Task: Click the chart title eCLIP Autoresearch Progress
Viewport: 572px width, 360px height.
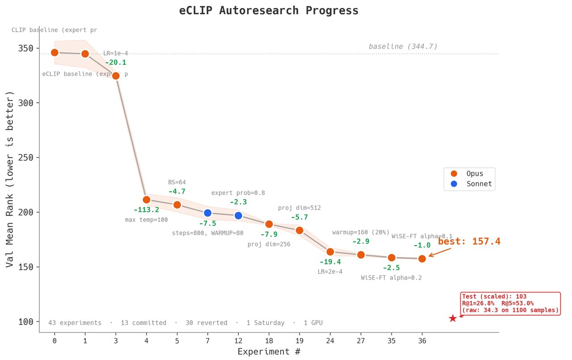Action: coord(269,11)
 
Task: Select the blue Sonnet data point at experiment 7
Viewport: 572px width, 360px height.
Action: coord(207,213)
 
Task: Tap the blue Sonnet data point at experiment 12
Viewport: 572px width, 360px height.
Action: coord(238,216)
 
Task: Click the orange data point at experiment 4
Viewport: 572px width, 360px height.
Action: coord(146,199)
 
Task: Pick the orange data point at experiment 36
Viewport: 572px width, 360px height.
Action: coord(422,258)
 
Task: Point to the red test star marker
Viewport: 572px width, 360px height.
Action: coord(453,318)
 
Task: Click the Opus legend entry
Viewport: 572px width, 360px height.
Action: coord(474,174)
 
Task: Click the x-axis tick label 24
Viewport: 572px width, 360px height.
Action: coord(330,340)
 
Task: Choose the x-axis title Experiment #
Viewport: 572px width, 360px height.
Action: coord(269,352)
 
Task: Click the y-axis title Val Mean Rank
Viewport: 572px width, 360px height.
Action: coord(10,179)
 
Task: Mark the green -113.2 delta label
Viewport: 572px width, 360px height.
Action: coord(146,210)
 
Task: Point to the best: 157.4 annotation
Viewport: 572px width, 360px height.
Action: coord(469,241)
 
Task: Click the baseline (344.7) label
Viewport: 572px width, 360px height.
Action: coord(403,47)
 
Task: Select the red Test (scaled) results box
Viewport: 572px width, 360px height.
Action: coord(510,303)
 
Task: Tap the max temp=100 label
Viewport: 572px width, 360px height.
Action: coord(146,220)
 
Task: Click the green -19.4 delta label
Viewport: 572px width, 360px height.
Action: coord(330,262)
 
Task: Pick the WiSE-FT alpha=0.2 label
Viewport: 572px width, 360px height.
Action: coord(391,278)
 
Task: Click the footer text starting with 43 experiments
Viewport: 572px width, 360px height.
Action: coord(185,322)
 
